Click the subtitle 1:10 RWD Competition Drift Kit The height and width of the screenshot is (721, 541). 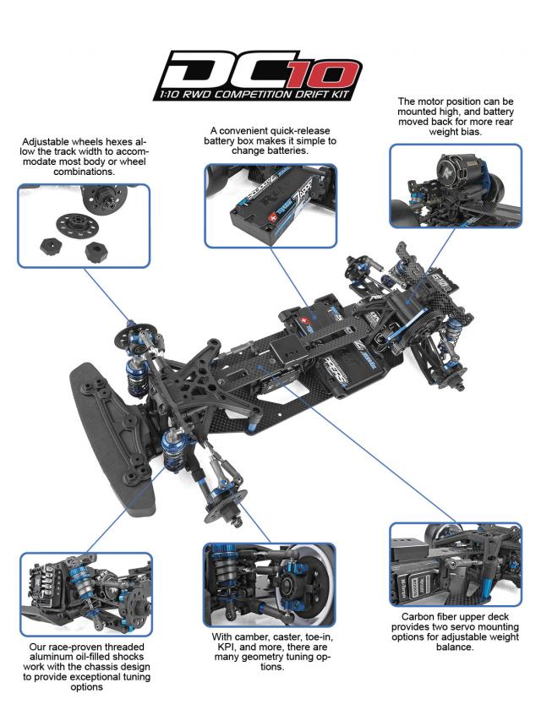coord(263,94)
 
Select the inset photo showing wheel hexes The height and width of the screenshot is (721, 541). coord(84,226)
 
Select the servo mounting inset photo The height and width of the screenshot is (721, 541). coord(455,563)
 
